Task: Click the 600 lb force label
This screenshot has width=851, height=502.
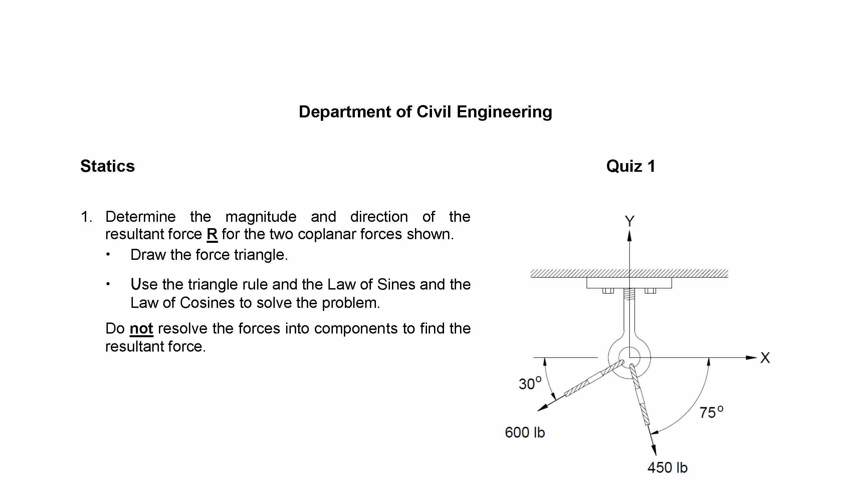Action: pos(524,433)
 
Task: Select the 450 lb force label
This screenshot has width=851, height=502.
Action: pos(667,468)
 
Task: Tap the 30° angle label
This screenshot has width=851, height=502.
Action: pos(530,384)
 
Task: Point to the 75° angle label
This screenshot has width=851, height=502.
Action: pos(711,412)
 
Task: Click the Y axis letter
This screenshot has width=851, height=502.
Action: pos(629,221)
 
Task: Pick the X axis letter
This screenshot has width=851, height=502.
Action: pos(765,358)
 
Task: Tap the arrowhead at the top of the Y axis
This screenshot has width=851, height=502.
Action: pos(629,236)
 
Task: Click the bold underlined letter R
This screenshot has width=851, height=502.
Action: pos(212,234)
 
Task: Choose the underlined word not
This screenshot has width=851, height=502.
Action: pos(142,329)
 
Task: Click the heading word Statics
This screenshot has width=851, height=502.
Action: pos(108,166)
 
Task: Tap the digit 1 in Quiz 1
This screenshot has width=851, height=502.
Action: pos(651,166)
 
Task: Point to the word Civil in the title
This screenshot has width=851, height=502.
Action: pos(434,112)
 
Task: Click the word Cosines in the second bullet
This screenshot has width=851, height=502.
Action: pos(207,303)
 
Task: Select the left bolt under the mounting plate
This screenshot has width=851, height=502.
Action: pos(608,291)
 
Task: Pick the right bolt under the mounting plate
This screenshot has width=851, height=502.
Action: pos(650,291)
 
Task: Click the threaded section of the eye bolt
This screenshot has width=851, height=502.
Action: pos(629,294)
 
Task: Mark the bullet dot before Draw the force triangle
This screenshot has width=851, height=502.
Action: pos(108,255)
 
